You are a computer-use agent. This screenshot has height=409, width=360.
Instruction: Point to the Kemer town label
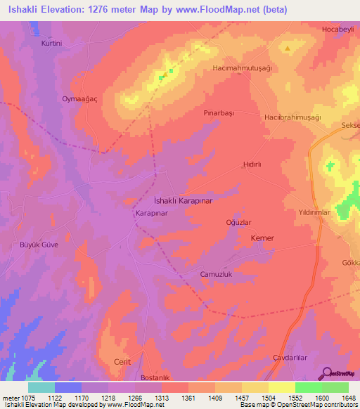[262, 239]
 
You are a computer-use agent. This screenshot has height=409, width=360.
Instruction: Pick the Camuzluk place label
[216, 274]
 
